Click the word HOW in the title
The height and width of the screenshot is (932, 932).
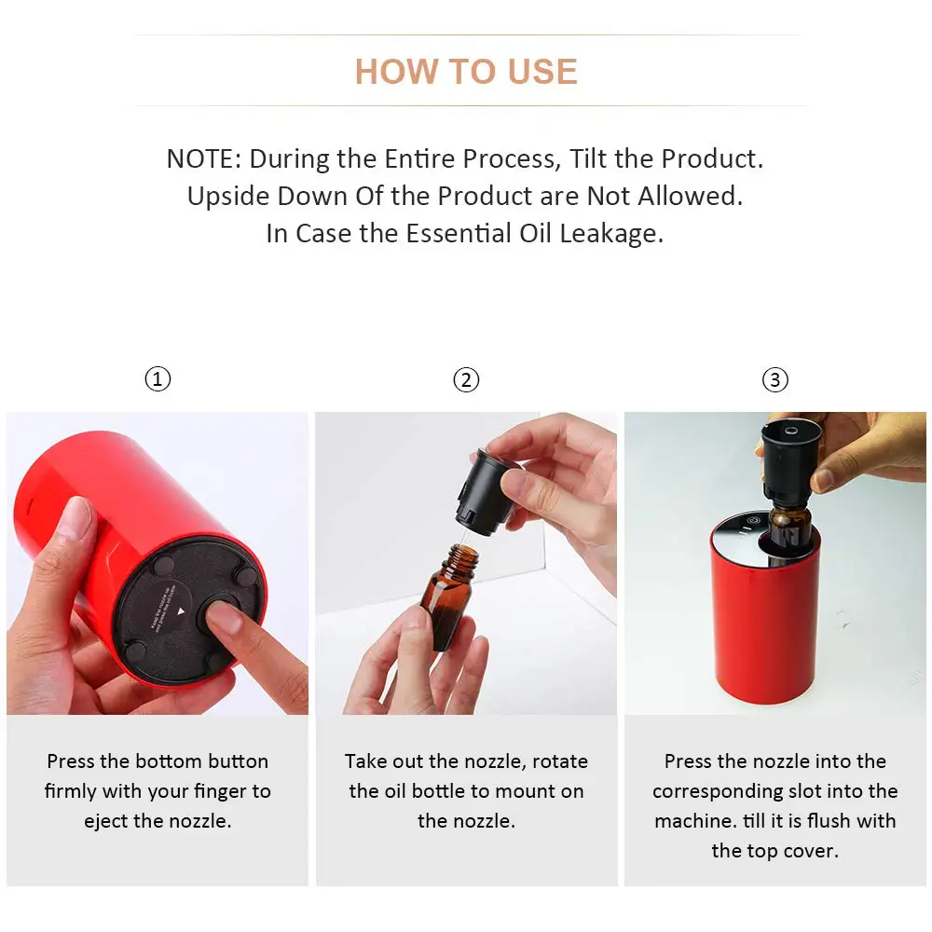pos(396,72)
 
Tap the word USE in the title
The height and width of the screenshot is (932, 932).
pos(542,72)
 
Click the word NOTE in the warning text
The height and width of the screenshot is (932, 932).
pos(201,158)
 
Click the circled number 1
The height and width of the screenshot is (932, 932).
pos(158,379)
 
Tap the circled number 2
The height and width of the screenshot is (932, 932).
pos(466,379)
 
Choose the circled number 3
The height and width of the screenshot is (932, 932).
pos(775,379)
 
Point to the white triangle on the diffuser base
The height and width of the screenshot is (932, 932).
pos(182,611)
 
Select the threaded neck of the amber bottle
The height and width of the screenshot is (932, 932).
pos(463,557)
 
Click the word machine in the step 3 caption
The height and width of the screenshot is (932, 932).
pos(693,821)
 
